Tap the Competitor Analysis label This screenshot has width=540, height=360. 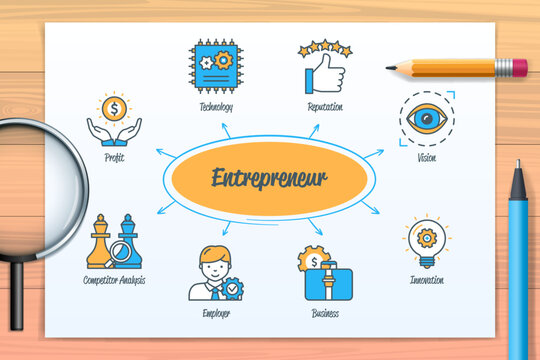[114, 280]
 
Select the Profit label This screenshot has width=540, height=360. [113, 157]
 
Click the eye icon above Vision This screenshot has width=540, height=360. [427, 119]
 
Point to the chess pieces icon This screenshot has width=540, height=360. [113, 243]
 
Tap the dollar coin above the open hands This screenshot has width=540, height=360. [113, 107]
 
